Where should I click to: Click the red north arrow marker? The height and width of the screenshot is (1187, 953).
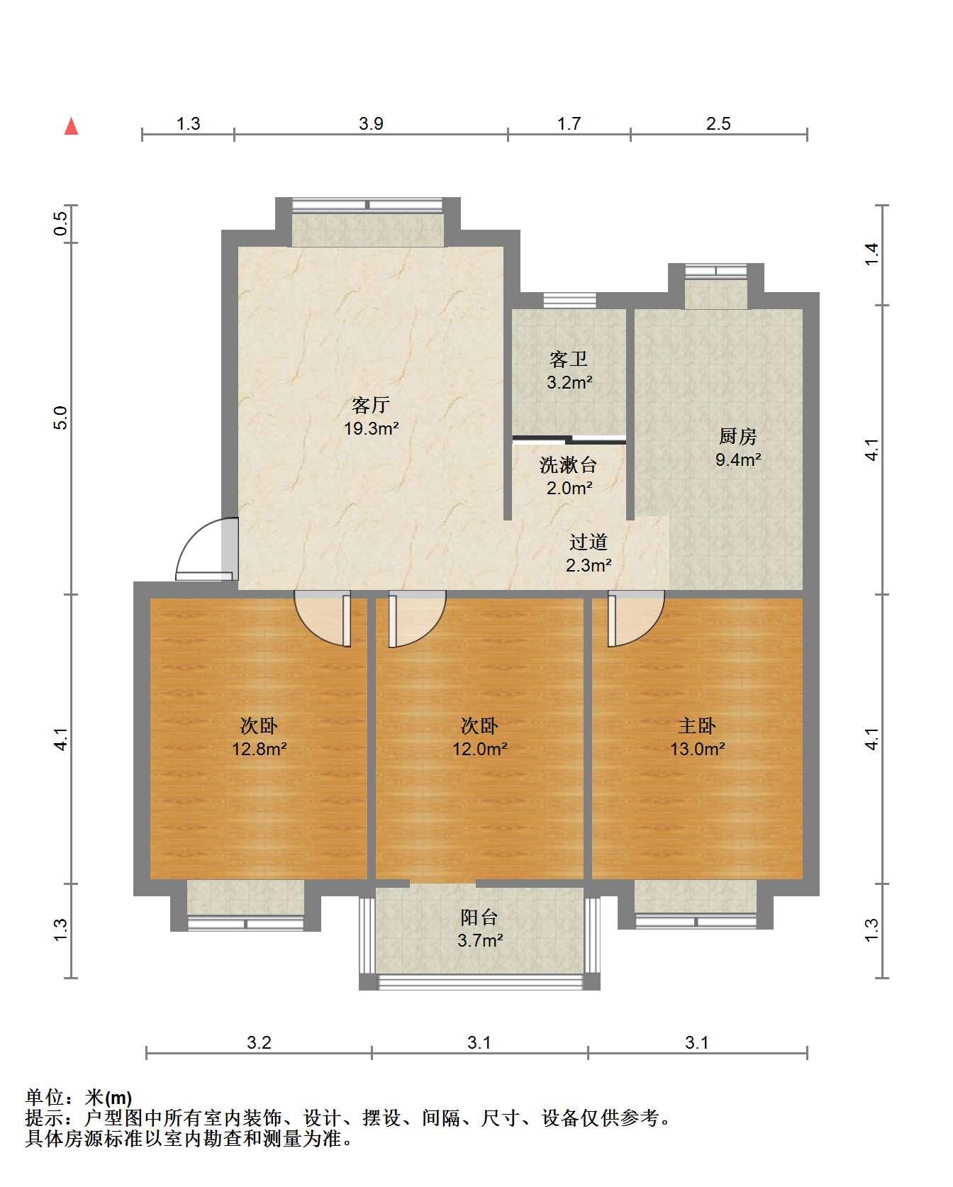pyautogui.click(x=71, y=126)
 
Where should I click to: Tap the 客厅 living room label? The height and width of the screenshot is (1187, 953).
pyautogui.click(x=371, y=405)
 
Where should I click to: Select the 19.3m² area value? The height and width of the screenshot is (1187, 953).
pyautogui.click(x=371, y=428)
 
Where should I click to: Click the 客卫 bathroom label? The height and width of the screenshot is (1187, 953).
pyautogui.click(x=569, y=360)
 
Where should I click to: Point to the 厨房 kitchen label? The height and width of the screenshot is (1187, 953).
pyautogui.click(x=737, y=436)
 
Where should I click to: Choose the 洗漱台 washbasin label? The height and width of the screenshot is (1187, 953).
pyautogui.click(x=568, y=465)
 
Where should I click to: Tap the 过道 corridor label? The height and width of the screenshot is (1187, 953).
pyautogui.click(x=589, y=542)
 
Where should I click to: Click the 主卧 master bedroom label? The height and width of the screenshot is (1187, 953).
pyautogui.click(x=697, y=725)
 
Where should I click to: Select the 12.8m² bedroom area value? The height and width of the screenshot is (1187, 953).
pyautogui.click(x=260, y=749)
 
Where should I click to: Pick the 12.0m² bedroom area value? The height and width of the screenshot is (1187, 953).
pyautogui.click(x=480, y=749)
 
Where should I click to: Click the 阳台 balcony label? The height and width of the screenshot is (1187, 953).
pyautogui.click(x=479, y=918)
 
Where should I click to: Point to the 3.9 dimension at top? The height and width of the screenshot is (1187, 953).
pyautogui.click(x=371, y=124)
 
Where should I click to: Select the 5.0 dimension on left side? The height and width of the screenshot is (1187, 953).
pyautogui.click(x=61, y=418)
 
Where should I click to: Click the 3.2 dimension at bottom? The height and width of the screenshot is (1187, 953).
pyautogui.click(x=259, y=1042)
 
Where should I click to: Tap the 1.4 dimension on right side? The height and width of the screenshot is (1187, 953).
pyautogui.click(x=871, y=255)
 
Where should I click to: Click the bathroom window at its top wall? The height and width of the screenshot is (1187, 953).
pyautogui.click(x=569, y=301)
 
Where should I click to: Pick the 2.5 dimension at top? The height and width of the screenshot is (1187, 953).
pyautogui.click(x=718, y=124)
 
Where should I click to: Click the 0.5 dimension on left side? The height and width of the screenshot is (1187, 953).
pyautogui.click(x=61, y=224)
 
